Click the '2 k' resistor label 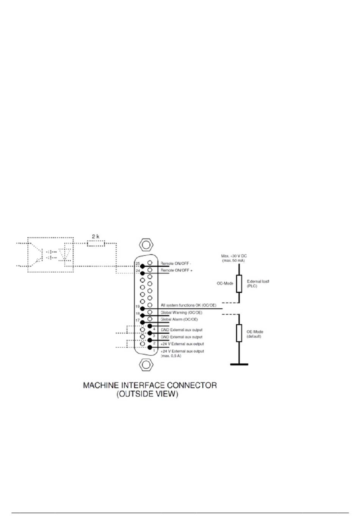[95, 236]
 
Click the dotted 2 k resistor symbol [95, 243]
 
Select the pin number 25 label [138, 263]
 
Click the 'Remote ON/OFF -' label [175, 264]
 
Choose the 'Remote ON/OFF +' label [176, 270]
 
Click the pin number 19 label [138, 306]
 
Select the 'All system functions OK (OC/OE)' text [188, 305]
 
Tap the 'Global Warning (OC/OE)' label [181, 313]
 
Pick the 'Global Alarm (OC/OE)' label [179, 319]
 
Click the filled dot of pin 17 [142, 322]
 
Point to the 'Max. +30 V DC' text [234, 256]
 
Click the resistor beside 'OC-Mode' [239, 284]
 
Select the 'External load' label [258, 281]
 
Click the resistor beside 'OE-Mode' [239, 333]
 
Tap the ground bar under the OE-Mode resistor [239, 364]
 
